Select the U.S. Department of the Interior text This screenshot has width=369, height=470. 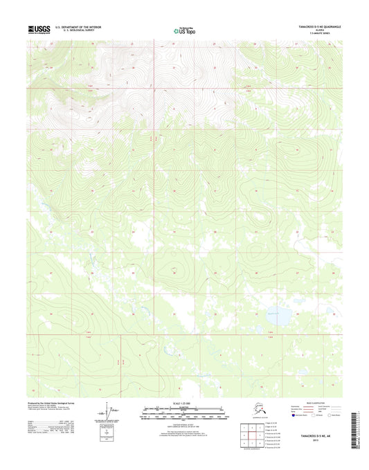pos(84,27)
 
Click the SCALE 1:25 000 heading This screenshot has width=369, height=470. pos(183,402)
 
